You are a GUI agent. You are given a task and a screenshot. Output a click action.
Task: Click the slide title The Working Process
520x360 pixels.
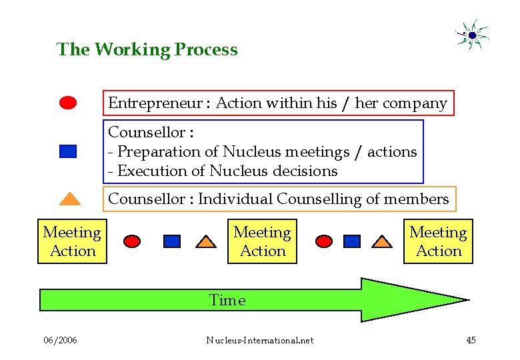click(147, 49)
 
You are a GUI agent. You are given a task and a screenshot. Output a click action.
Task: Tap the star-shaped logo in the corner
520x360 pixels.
click(472, 35)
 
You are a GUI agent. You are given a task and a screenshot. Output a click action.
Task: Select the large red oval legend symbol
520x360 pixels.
click(68, 103)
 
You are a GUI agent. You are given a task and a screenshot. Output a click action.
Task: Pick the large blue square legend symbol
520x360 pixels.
click(68, 151)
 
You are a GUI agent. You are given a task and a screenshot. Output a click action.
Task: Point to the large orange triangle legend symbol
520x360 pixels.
click(69, 198)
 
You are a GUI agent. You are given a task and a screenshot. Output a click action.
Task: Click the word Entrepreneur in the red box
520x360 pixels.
click(155, 103)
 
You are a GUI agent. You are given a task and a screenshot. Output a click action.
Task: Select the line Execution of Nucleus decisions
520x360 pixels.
click(223, 171)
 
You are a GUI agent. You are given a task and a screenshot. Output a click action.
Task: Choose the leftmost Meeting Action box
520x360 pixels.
click(72, 241)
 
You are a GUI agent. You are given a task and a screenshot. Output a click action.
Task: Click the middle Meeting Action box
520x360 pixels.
click(262, 241)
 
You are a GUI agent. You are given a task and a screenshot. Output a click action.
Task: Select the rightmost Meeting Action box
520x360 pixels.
click(438, 241)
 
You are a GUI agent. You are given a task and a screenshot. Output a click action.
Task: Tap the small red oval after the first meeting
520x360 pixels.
click(133, 241)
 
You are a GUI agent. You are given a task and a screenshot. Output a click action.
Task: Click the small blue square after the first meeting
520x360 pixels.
click(172, 241)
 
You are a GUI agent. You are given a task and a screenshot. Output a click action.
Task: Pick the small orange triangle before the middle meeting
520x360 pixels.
click(207, 241)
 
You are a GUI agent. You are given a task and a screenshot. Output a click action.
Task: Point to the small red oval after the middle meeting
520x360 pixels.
click(324, 241)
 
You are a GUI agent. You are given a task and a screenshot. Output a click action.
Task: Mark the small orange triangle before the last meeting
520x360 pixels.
click(381, 241)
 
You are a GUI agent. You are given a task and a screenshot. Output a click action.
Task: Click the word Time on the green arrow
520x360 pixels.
click(227, 301)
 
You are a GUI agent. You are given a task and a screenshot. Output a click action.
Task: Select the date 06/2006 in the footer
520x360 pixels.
click(60, 341)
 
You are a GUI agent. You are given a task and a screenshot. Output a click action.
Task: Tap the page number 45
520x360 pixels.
click(471, 341)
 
